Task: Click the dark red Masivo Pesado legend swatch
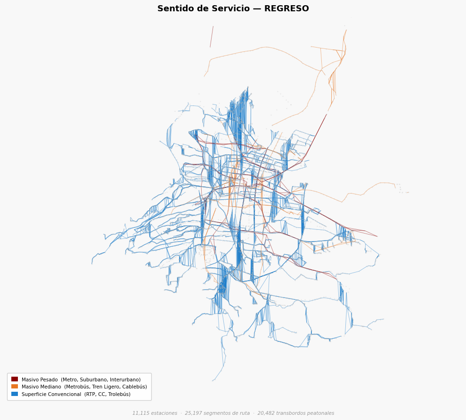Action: pos(15,379)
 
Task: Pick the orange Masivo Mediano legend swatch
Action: pos(15,387)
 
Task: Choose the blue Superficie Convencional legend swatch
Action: pos(15,394)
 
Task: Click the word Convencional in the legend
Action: pos(64,394)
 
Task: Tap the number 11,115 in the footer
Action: pos(140,413)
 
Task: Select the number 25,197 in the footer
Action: pos(193,413)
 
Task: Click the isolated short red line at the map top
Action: pos(212,37)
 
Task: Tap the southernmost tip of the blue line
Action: pos(212,381)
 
